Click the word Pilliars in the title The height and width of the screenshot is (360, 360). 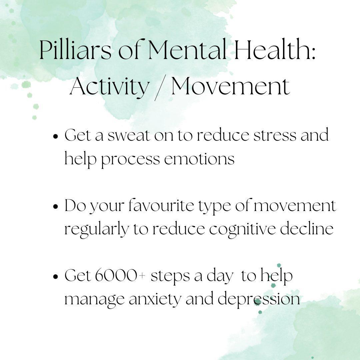pos(75,50)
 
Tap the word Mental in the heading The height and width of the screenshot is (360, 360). pos(187,50)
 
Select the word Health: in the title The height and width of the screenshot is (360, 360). pos(275,50)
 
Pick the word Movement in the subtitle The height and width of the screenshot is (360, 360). pos(231,86)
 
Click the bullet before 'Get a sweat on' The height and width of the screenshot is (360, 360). pos(55,136)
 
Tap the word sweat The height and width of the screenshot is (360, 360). pos(129,135)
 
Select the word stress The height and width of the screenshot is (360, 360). pos(275,136)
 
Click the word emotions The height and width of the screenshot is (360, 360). pos(199,159)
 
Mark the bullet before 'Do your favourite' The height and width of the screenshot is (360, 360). pos(55,206)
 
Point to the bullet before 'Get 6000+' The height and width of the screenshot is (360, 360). pos(55,276)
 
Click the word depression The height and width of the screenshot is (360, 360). pos(259,299)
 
